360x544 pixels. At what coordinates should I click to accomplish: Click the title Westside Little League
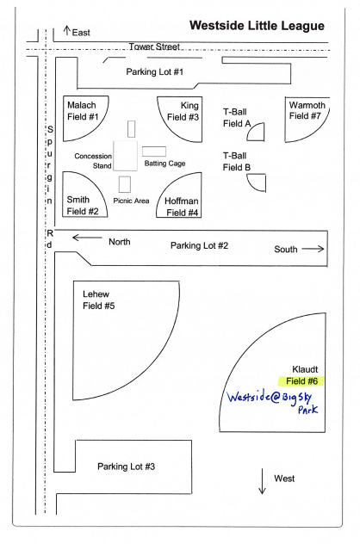(257, 26)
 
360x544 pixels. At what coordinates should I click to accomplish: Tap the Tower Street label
(154, 46)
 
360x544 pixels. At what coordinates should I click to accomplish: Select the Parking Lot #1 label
(154, 71)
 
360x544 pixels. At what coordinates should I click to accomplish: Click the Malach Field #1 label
(83, 111)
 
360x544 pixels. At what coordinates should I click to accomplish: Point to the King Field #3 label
(183, 111)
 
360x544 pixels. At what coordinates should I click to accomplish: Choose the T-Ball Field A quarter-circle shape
(257, 130)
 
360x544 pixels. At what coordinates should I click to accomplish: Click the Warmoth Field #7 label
(307, 110)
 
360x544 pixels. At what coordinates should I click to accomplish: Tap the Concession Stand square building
(126, 156)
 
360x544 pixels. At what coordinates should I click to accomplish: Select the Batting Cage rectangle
(154, 151)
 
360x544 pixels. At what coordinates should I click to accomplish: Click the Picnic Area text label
(131, 201)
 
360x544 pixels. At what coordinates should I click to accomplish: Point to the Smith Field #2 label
(83, 206)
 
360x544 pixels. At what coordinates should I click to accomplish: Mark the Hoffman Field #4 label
(182, 207)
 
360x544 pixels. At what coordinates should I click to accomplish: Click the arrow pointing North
(87, 238)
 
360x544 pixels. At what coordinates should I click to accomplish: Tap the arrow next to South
(313, 249)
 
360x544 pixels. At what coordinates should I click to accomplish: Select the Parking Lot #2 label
(199, 245)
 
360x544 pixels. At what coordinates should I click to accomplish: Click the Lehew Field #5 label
(98, 300)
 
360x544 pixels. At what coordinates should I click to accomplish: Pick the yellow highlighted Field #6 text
(301, 381)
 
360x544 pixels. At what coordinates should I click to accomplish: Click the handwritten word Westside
(249, 397)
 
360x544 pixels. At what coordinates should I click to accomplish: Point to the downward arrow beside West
(262, 481)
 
